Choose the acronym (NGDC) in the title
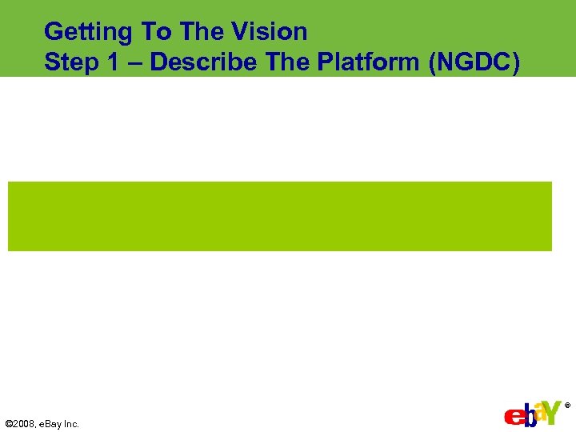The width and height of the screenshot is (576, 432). click(475, 63)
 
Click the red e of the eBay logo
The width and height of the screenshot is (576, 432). click(513, 418)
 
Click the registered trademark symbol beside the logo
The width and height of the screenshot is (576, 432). click(568, 406)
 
